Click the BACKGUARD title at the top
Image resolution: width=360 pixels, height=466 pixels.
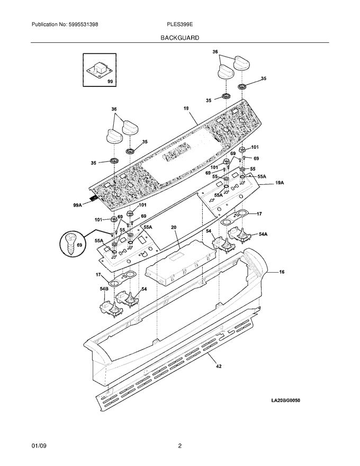tap(180, 38)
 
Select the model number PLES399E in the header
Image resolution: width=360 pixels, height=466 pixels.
tap(179, 25)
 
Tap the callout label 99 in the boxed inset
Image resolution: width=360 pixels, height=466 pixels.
tap(110, 82)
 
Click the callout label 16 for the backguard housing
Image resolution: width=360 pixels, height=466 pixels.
tap(281, 272)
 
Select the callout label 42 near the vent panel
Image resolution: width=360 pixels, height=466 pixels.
tap(219, 365)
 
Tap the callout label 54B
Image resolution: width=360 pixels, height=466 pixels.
tap(104, 289)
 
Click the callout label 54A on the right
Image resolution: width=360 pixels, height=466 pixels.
tap(263, 234)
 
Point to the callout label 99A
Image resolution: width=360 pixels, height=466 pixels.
tap(78, 204)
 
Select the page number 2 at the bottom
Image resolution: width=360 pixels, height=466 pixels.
tap(179, 446)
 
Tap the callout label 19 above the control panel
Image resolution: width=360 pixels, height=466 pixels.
tap(186, 108)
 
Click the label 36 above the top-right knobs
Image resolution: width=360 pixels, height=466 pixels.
tap(215, 51)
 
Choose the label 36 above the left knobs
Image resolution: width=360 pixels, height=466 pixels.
tap(114, 109)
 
